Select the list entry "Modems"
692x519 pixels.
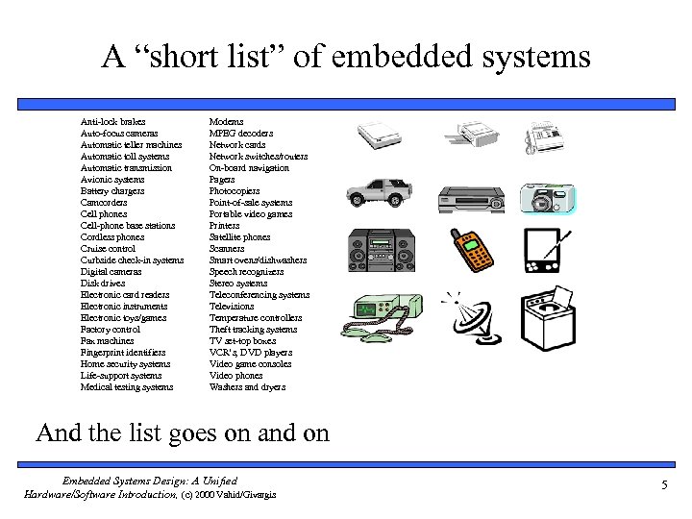click(226, 122)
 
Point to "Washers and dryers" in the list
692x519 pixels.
click(247, 387)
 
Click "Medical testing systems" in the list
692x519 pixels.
click(127, 387)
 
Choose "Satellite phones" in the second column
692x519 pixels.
click(239, 237)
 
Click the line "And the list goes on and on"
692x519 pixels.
click(183, 432)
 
